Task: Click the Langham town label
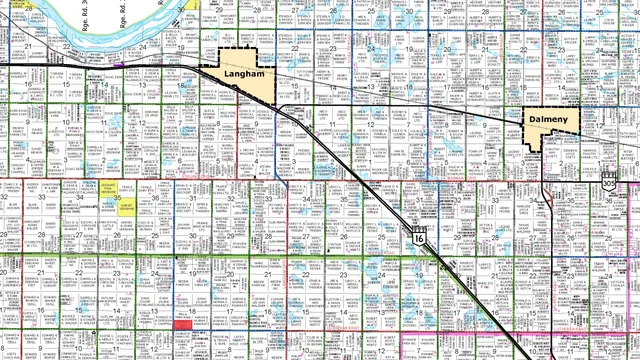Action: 245,75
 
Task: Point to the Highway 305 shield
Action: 610,184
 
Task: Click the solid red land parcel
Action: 184,325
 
